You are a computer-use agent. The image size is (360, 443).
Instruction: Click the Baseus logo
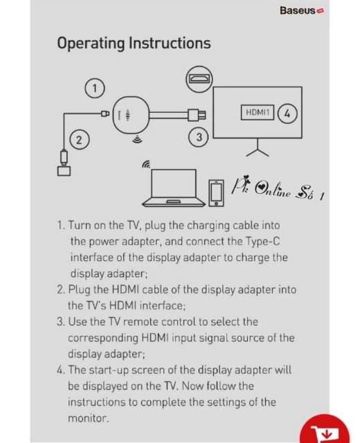click(302, 11)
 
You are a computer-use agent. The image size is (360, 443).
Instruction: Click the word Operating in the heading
click(91, 44)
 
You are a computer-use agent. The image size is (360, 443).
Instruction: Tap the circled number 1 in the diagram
click(95, 88)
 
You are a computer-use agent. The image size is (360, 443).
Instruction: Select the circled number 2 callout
click(80, 140)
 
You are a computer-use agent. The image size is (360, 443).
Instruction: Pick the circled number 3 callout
click(199, 137)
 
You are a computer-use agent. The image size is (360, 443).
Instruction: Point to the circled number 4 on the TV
click(287, 114)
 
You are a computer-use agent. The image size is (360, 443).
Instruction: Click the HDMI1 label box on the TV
click(258, 112)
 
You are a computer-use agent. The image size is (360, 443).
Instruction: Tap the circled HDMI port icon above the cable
click(199, 79)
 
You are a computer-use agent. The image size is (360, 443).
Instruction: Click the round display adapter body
click(131, 114)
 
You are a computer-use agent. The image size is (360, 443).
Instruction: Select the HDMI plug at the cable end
click(197, 115)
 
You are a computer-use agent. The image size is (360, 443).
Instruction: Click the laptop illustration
click(174, 188)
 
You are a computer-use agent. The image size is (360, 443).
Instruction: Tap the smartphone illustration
click(217, 193)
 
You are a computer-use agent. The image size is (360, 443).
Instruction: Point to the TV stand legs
click(258, 147)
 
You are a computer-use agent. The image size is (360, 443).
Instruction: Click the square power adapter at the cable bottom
click(64, 171)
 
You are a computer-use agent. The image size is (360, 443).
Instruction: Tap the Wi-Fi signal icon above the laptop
click(146, 165)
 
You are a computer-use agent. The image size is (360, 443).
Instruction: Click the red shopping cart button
click(325, 429)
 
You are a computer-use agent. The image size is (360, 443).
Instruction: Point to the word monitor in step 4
click(88, 418)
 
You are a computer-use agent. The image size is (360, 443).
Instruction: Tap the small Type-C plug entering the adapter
click(105, 114)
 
